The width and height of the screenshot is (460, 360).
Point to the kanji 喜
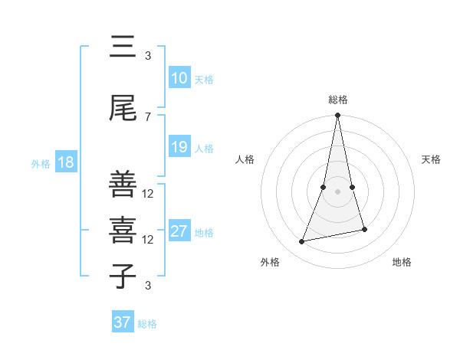[123, 231]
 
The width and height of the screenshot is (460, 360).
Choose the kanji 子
[123, 277]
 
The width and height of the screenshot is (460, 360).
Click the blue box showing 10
[179, 79]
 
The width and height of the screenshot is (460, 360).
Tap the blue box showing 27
[179, 232]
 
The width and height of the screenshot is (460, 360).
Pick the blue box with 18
[65, 163]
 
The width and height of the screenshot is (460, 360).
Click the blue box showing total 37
[122, 322]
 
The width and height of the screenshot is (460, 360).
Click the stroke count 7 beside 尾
[148, 116]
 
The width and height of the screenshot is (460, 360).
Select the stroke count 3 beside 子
[148, 286]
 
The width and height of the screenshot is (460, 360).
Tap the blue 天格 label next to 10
[204, 80]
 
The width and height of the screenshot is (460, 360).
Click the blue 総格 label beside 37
[147, 324]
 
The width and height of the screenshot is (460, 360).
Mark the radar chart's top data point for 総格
[337, 116]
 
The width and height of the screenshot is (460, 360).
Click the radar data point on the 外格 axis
[302, 242]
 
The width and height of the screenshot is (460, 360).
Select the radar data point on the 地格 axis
[364, 229]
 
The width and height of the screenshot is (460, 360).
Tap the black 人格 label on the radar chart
[245, 159]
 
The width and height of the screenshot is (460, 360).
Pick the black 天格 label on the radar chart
[432, 159]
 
